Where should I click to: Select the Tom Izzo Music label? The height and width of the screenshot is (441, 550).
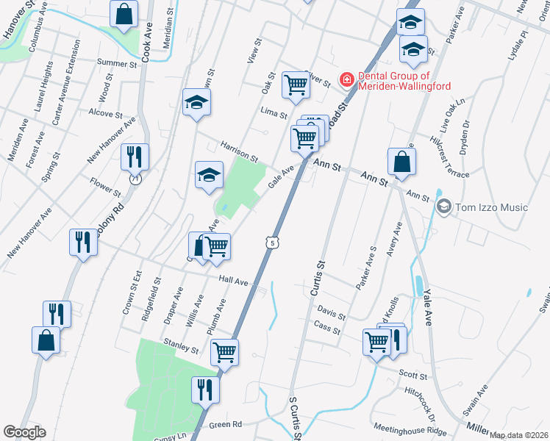pos(491,207)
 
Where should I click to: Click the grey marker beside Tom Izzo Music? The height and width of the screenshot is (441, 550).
pos(443,207)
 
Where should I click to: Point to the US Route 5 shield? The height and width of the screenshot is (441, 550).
pos(273,242)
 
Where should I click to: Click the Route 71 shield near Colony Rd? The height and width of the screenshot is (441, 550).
pos(134,179)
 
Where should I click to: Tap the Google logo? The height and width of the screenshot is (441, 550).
pos(24,432)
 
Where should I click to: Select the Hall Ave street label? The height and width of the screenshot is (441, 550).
pos(234,280)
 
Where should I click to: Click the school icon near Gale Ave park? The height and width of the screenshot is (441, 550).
pos(209,175)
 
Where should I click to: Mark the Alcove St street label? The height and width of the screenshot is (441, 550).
pos(104,114)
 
